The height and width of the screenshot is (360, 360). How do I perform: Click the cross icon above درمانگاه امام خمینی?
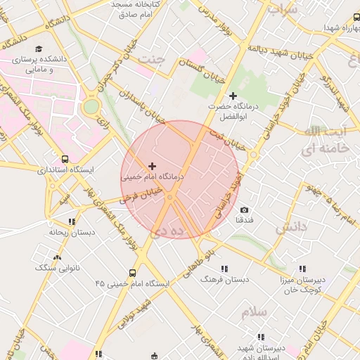point(152,166)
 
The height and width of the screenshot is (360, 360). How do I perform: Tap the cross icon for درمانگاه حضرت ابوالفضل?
point(233,96)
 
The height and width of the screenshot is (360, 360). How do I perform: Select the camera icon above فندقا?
point(244,210)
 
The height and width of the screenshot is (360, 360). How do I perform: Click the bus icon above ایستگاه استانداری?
point(65,160)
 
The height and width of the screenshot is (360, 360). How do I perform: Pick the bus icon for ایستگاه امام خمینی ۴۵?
point(132,273)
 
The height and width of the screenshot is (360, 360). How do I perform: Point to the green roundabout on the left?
point(91,108)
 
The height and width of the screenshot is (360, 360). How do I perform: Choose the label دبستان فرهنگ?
point(225,279)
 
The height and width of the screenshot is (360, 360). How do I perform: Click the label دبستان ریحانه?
point(72,231)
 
